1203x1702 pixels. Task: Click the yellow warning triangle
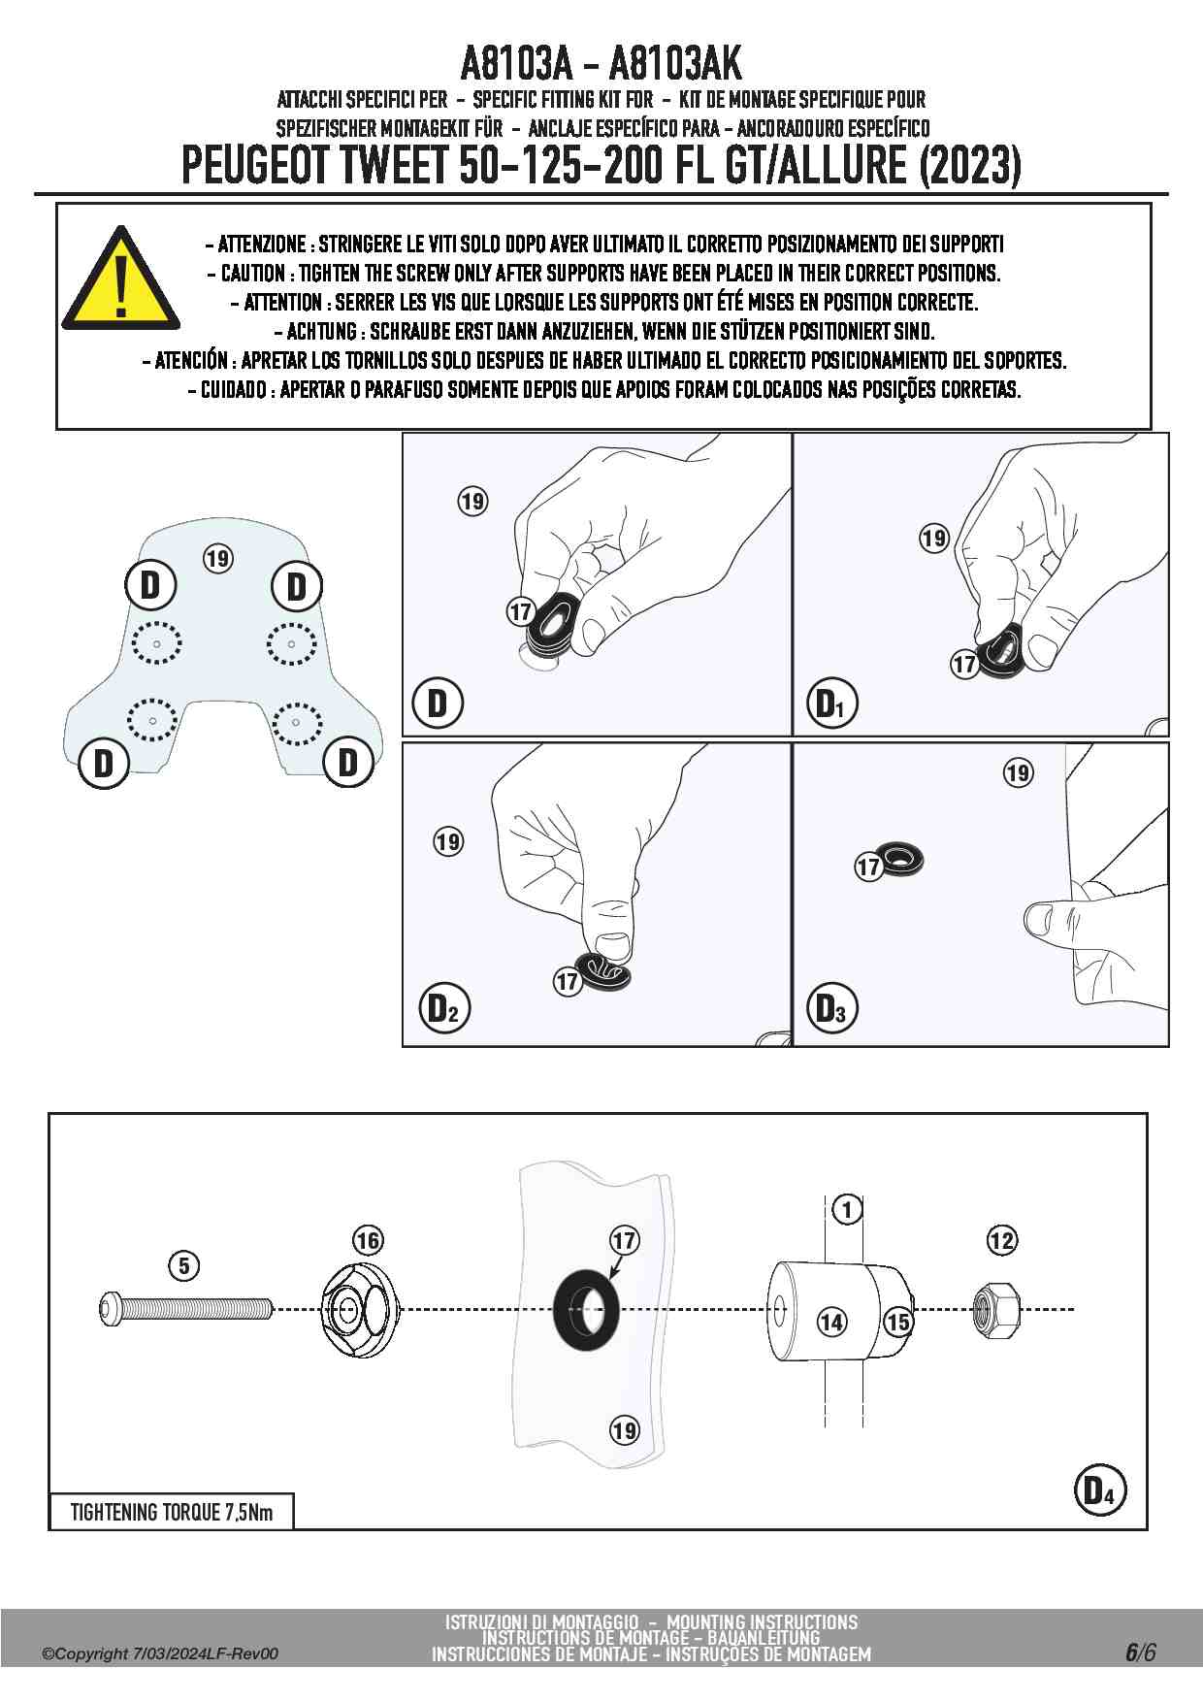click(x=120, y=282)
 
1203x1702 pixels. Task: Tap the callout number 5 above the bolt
click(x=184, y=1265)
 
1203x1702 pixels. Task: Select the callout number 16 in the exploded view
click(x=368, y=1240)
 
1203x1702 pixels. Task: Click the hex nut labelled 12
click(x=994, y=1309)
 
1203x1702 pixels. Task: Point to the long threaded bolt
click(x=185, y=1309)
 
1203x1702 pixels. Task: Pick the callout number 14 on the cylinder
click(x=831, y=1322)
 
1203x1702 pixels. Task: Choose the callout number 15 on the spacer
click(x=898, y=1322)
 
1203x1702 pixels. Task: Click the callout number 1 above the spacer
click(x=847, y=1210)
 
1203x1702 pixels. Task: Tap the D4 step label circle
click(x=1099, y=1489)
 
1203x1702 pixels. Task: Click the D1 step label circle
click(x=831, y=704)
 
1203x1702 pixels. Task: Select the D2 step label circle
click(x=443, y=1009)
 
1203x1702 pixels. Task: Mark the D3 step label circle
click(x=831, y=1009)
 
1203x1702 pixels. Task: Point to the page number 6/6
click(x=1140, y=1652)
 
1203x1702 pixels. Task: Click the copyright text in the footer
click(x=160, y=1653)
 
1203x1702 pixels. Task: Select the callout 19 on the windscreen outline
click(x=217, y=559)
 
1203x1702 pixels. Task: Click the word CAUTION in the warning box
click(x=253, y=273)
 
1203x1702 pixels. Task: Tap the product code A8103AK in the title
click(x=675, y=65)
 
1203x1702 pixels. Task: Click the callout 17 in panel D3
click(x=868, y=867)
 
